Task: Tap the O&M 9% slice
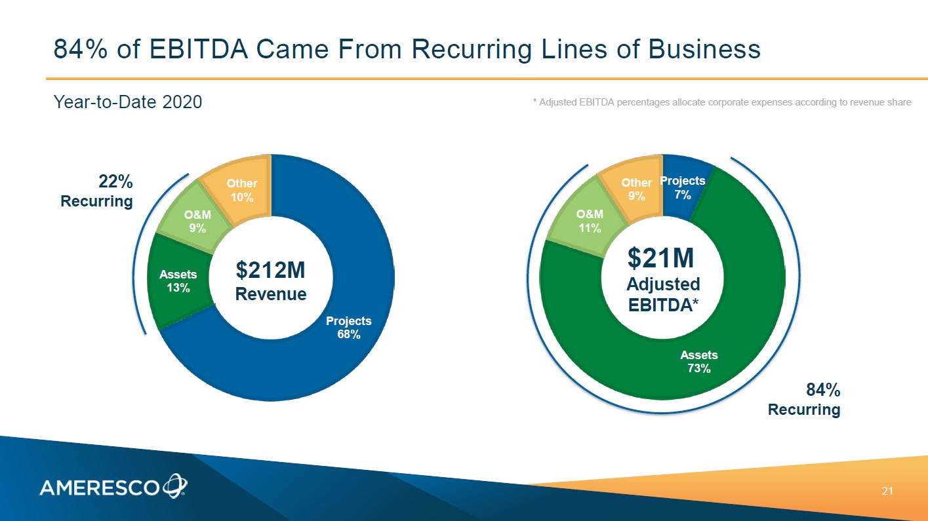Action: point(197,222)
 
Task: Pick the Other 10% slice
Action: point(242,190)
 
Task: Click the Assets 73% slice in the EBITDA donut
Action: point(699,361)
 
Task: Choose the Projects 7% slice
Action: point(683,188)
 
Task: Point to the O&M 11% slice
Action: point(590,221)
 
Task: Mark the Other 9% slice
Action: point(636,189)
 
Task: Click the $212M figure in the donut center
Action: point(270,269)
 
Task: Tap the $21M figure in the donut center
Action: point(662,258)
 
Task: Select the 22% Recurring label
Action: point(97,191)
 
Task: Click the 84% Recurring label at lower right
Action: point(804,400)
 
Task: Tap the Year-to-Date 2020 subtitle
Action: point(128,102)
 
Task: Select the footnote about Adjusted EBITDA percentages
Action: point(721,102)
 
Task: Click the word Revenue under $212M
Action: point(271,294)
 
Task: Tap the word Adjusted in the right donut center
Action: point(663,284)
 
